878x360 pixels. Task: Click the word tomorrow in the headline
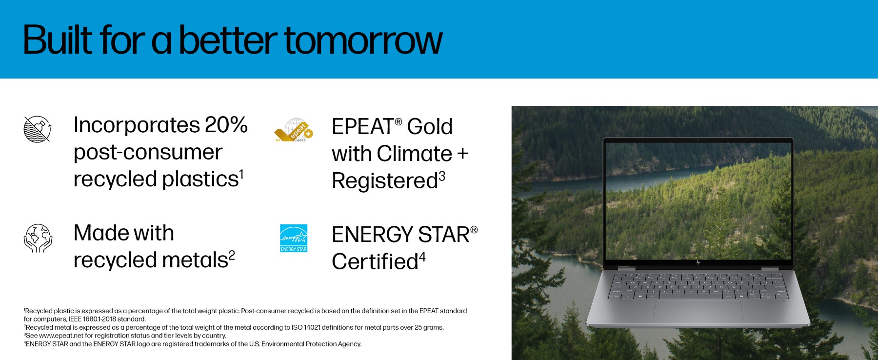(x=363, y=40)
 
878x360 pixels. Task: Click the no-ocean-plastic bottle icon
(x=38, y=129)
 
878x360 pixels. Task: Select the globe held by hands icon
(x=38, y=238)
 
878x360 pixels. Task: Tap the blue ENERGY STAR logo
(x=294, y=238)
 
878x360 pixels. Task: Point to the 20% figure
(x=226, y=125)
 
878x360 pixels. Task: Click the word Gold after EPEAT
(x=430, y=127)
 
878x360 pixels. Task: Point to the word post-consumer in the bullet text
(x=148, y=153)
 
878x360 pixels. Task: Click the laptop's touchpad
(x=698, y=311)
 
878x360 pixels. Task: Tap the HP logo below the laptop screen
(x=698, y=262)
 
